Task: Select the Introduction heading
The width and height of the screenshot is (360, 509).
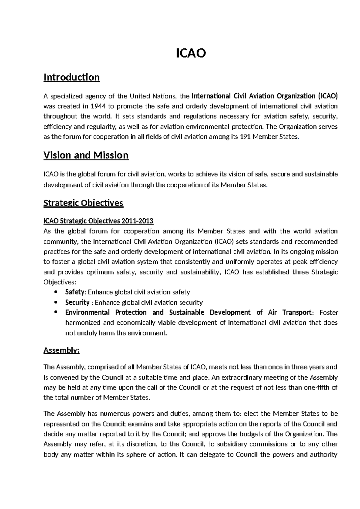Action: point(71,77)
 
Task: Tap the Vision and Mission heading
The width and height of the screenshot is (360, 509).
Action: point(86,155)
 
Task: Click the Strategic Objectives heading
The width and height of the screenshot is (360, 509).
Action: point(83,203)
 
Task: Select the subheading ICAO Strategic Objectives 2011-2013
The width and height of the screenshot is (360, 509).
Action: point(98,221)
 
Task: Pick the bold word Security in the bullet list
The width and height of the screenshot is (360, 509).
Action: point(77,302)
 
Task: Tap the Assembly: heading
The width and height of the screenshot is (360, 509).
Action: point(61,350)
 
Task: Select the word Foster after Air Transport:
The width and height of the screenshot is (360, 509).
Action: point(328,312)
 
